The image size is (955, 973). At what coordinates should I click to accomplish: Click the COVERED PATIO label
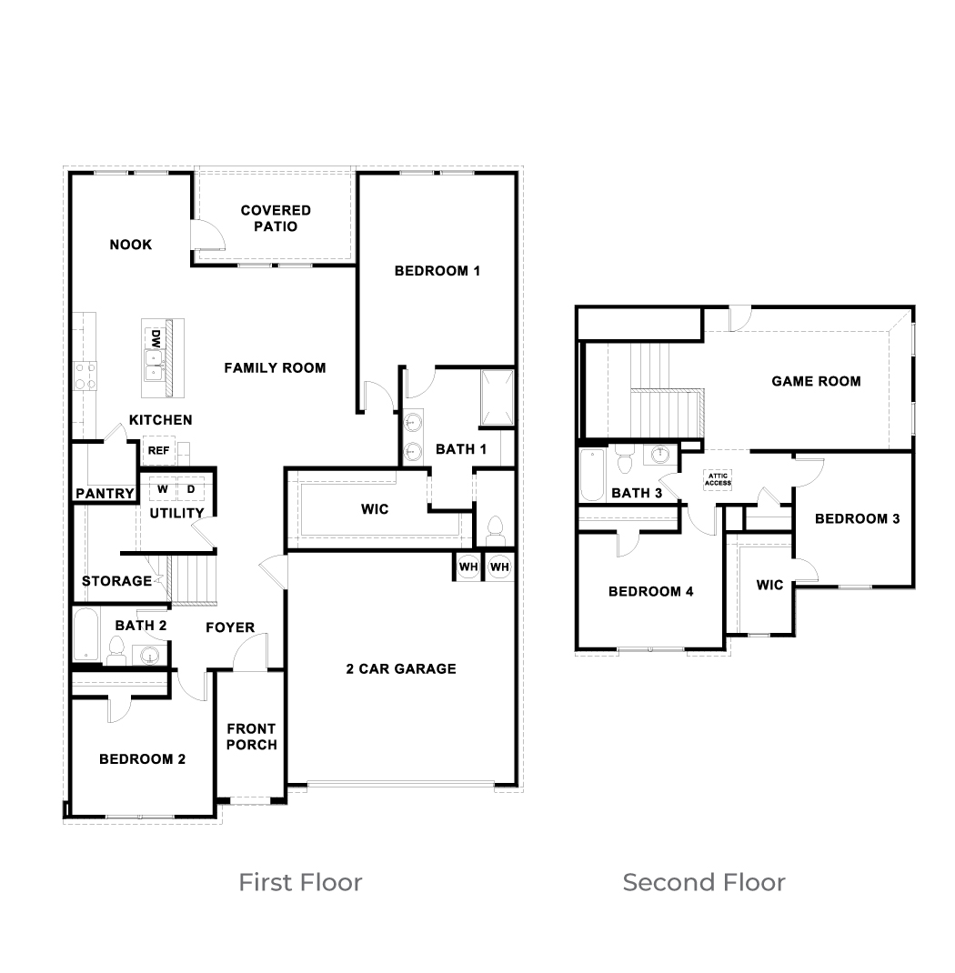276,218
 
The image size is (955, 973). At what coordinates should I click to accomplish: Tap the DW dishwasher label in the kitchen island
156,339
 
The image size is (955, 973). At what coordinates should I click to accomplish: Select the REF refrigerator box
159,450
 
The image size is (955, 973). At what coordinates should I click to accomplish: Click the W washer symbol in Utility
163,489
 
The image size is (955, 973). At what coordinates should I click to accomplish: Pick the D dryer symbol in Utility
191,489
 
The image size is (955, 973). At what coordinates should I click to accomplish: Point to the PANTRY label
105,494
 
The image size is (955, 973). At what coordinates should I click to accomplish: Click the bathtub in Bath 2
86,635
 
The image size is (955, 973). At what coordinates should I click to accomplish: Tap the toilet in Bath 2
116,650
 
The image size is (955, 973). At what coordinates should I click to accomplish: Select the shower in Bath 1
498,397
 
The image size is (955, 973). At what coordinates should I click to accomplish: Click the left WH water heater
468,567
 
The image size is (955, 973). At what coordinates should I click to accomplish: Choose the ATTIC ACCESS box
718,479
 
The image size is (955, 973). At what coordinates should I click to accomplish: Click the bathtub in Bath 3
592,475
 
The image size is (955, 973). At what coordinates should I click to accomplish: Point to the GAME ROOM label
816,382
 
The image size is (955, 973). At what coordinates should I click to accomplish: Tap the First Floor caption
300,882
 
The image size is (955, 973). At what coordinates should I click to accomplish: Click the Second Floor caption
704,882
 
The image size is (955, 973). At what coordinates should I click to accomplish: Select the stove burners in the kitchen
85,376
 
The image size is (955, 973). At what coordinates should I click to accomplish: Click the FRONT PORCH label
251,737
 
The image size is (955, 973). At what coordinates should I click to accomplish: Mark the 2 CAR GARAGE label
401,669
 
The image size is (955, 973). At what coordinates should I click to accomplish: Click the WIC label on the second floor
769,586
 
